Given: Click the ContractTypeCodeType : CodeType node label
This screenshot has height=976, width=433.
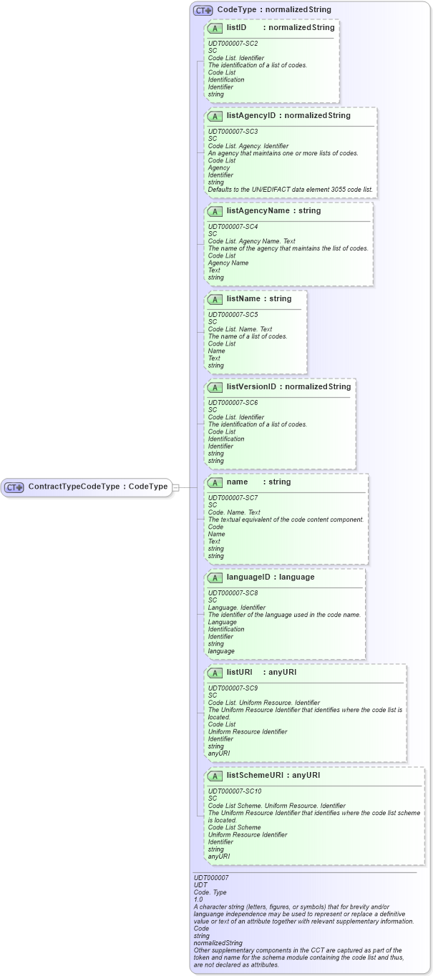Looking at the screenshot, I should coord(97,487).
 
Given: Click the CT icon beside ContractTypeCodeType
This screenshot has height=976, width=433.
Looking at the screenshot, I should coord(14,487).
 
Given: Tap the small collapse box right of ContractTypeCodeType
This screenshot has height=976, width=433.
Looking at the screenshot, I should coord(176,487).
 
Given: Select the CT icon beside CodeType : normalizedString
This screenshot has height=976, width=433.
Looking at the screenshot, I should coord(204,10).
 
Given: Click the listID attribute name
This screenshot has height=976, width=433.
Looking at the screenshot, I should coord(237,27).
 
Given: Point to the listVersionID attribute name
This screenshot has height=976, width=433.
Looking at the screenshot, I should coord(251,387).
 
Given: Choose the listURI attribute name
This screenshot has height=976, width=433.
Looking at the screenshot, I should coord(240,673).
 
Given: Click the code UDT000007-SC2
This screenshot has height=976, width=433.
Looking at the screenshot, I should coord(233,44).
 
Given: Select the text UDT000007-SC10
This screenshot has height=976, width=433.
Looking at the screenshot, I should coord(235,791).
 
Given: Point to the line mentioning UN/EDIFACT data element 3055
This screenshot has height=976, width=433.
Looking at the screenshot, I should coord(290,190).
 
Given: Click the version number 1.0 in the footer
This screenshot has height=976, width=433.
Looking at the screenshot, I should coord(199,899).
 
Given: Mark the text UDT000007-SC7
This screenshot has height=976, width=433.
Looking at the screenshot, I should coord(233,497).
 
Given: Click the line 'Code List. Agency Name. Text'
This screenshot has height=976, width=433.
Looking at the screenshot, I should coord(251,241).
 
